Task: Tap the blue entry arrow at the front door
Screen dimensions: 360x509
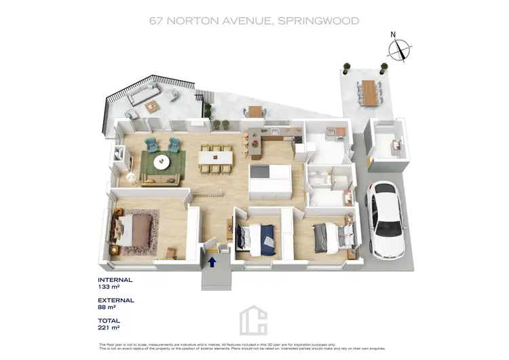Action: pos(212,259)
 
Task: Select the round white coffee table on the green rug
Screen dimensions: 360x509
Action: pos(162,162)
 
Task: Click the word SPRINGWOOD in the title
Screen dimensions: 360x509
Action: pos(319,21)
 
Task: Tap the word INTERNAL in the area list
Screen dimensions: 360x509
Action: pos(115,280)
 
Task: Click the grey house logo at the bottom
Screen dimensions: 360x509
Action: pos(254,320)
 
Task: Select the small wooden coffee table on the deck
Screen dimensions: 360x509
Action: pos(151,106)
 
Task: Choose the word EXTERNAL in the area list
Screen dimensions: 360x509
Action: pos(116,300)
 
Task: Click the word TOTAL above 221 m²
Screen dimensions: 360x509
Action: pos(109,321)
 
